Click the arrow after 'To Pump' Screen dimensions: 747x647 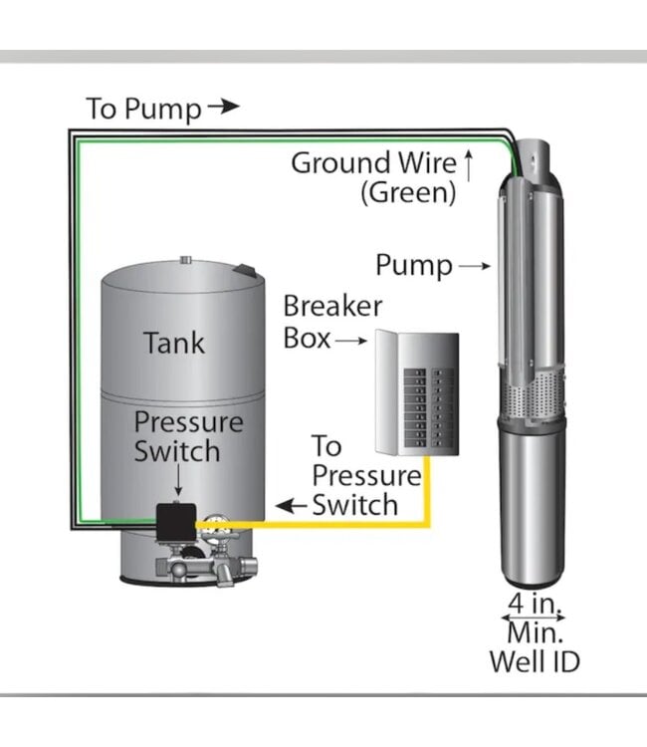[224, 107]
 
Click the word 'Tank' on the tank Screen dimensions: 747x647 [174, 344]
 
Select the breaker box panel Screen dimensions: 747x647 [416, 392]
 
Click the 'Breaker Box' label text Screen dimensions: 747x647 [331, 322]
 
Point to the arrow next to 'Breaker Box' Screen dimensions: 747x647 [351, 341]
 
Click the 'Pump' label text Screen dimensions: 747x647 [414, 266]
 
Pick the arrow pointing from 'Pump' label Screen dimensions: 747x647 [475, 266]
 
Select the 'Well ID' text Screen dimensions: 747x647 [534, 660]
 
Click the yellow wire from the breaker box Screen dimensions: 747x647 [429, 488]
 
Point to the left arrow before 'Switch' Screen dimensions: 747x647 [291, 506]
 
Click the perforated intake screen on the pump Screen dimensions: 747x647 [534, 399]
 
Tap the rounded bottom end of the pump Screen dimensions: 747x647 [533, 573]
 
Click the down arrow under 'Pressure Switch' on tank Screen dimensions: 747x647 [177, 483]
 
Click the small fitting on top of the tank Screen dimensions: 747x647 [184, 261]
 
